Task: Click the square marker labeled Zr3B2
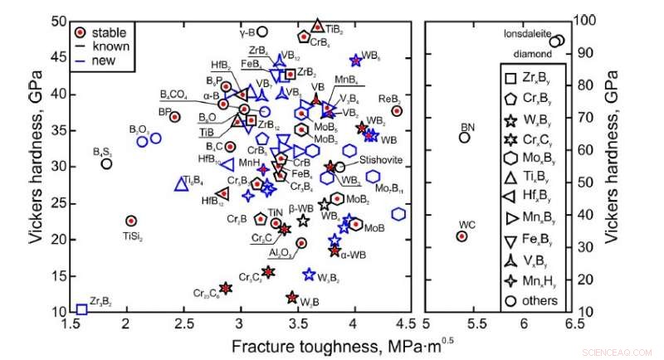(81, 309)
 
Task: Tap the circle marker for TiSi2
(130, 221)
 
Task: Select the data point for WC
(462, 236)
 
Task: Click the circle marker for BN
(465, 138)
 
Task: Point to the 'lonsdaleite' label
(527, 34)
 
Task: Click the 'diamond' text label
(531, 53)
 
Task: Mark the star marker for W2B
(292, 297)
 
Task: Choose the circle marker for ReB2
(397, 111)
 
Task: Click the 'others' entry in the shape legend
(539, 300)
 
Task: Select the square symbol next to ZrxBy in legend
(512, 79)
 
